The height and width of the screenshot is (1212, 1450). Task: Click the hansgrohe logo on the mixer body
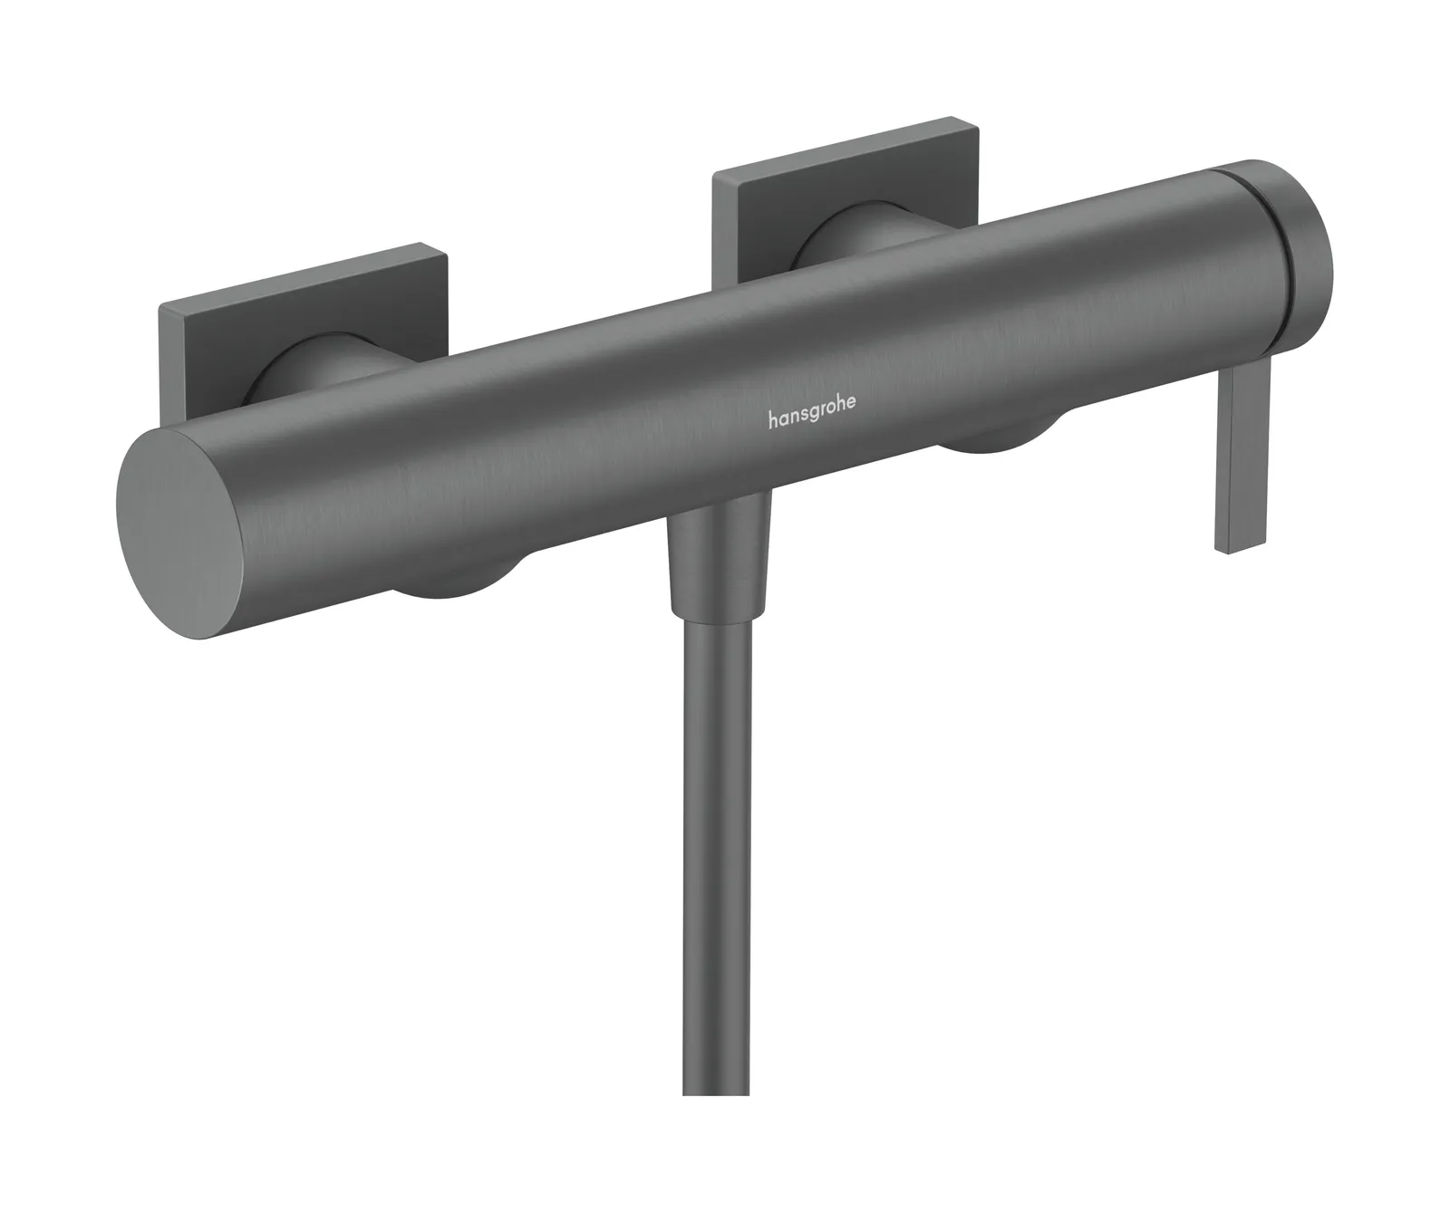pyautogui.click(x=811, y=418)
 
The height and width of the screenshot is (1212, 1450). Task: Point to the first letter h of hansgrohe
pyautogui.click(x=773, y=418)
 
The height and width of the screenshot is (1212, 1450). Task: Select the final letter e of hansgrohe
pyautogui.click(x=849, y=417)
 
